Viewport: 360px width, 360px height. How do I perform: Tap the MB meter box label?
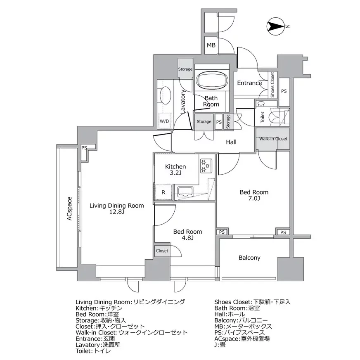[x=211, y=45]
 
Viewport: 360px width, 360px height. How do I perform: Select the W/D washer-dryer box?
[x=165, y=121]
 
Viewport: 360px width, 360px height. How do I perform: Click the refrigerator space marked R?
[x=163, y=192]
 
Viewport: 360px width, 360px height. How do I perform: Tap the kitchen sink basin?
[x=186, y=192]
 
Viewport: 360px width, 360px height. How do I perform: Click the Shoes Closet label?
[x=272, y=85]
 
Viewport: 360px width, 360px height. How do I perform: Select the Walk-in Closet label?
[x=273, y=139]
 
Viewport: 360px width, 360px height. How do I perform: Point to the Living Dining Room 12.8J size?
[x=117, y=211]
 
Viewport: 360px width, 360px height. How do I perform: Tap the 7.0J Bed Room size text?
[x=254, y=198]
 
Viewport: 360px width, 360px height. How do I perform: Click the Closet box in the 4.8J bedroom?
[x=162, y=251]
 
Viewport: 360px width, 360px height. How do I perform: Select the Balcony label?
[x=249, y=258]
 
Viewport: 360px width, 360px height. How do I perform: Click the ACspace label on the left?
[x=69, y=208]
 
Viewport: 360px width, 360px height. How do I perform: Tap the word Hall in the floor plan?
[x=231, y=142]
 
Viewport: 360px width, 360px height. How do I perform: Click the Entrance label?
[x=249, y=83]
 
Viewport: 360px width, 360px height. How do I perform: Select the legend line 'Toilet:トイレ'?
[x=93, y=351]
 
